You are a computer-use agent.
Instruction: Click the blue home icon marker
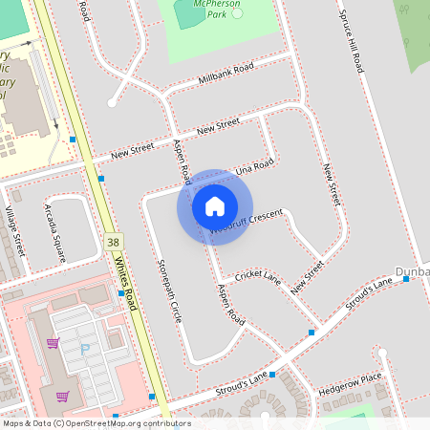click(215, 206)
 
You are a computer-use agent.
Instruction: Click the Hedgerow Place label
click(350, 385)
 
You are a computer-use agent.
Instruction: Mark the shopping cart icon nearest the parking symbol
click(54, 342)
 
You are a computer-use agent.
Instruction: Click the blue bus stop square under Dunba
click(406, 279)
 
